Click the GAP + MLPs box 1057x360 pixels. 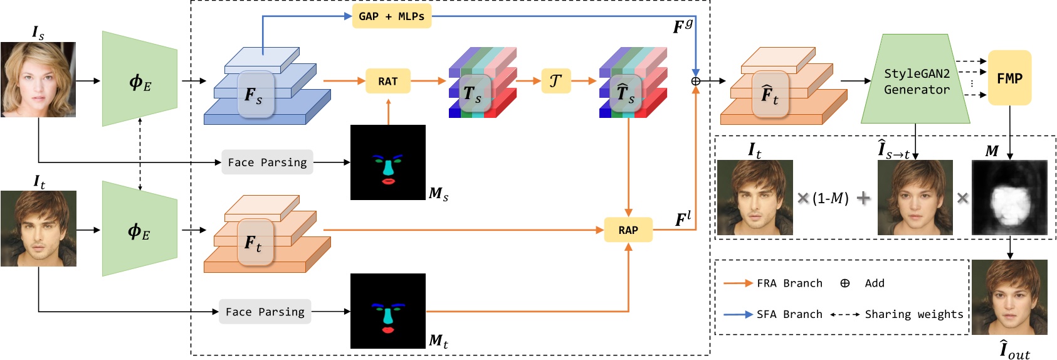391,16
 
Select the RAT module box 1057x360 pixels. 387,81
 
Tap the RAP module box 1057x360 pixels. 628,230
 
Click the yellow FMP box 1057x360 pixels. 1009,78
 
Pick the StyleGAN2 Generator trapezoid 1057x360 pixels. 916,81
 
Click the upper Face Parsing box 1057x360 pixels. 267,162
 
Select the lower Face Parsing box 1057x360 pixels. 265,312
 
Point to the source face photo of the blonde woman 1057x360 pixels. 38,80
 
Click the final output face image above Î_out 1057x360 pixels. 1009,297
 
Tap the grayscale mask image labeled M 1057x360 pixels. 1009,198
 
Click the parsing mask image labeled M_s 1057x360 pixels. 387,162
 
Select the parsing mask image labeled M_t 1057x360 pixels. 387,311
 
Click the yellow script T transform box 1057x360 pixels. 555,81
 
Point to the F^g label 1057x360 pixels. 683,26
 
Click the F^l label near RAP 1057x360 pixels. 683,219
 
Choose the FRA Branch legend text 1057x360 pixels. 789,283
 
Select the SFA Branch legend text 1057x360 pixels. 789,314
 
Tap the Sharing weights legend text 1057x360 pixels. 913,314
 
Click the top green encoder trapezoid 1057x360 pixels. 139,80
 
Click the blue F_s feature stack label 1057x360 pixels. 254,95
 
